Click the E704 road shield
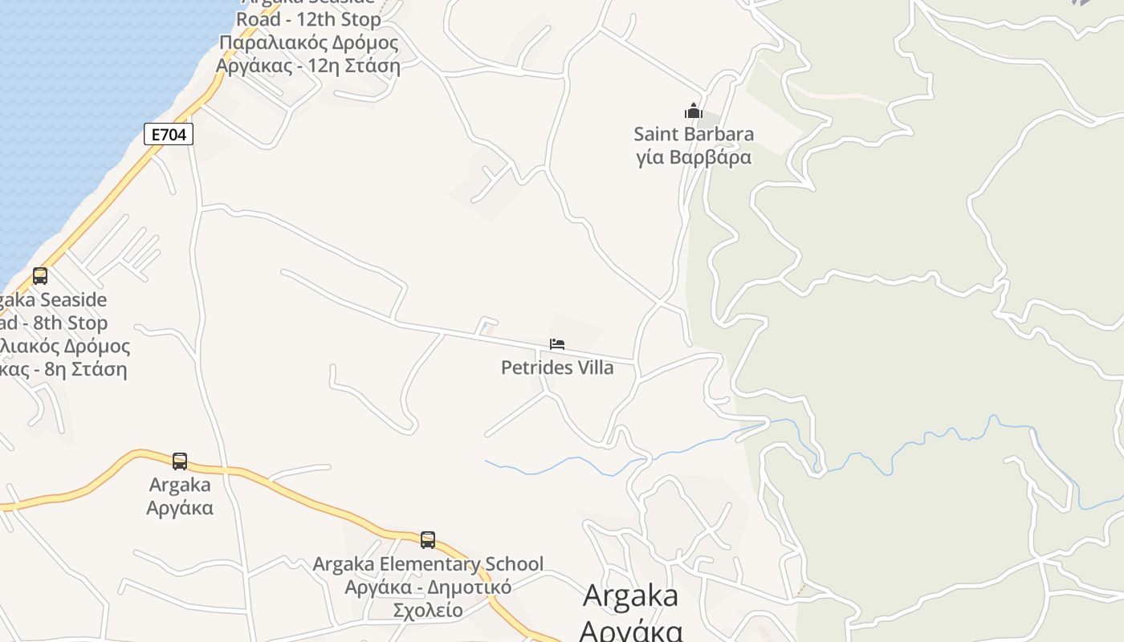[169, 134]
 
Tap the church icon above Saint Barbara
[693, 111]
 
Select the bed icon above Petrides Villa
[557, 344]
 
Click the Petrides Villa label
[557, 368]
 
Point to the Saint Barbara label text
[694, 133]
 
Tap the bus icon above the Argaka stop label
[180, 461]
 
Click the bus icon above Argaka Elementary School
[428, 539]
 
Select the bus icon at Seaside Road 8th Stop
[40, 276]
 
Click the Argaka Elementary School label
[428, 564]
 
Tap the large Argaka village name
[630, 595]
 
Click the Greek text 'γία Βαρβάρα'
[694, 156]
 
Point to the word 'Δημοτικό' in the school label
[469, 587]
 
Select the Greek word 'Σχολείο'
[428, 610]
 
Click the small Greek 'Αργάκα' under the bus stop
[180, 508]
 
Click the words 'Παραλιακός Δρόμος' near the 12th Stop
[308, 43]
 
